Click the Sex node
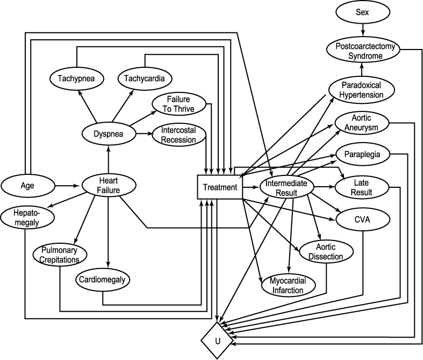click(x=363, y=12)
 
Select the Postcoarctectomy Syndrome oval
click(x=363, y=51)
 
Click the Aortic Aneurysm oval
click(x=362, y=123)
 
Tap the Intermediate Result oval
click(x=286, y=187)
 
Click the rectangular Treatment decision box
click(x=219, y=187)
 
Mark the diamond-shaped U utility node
click(x=217, y=341)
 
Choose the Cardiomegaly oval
click(x=103, y=280)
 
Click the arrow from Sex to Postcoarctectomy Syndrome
click(x=363, y=29)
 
